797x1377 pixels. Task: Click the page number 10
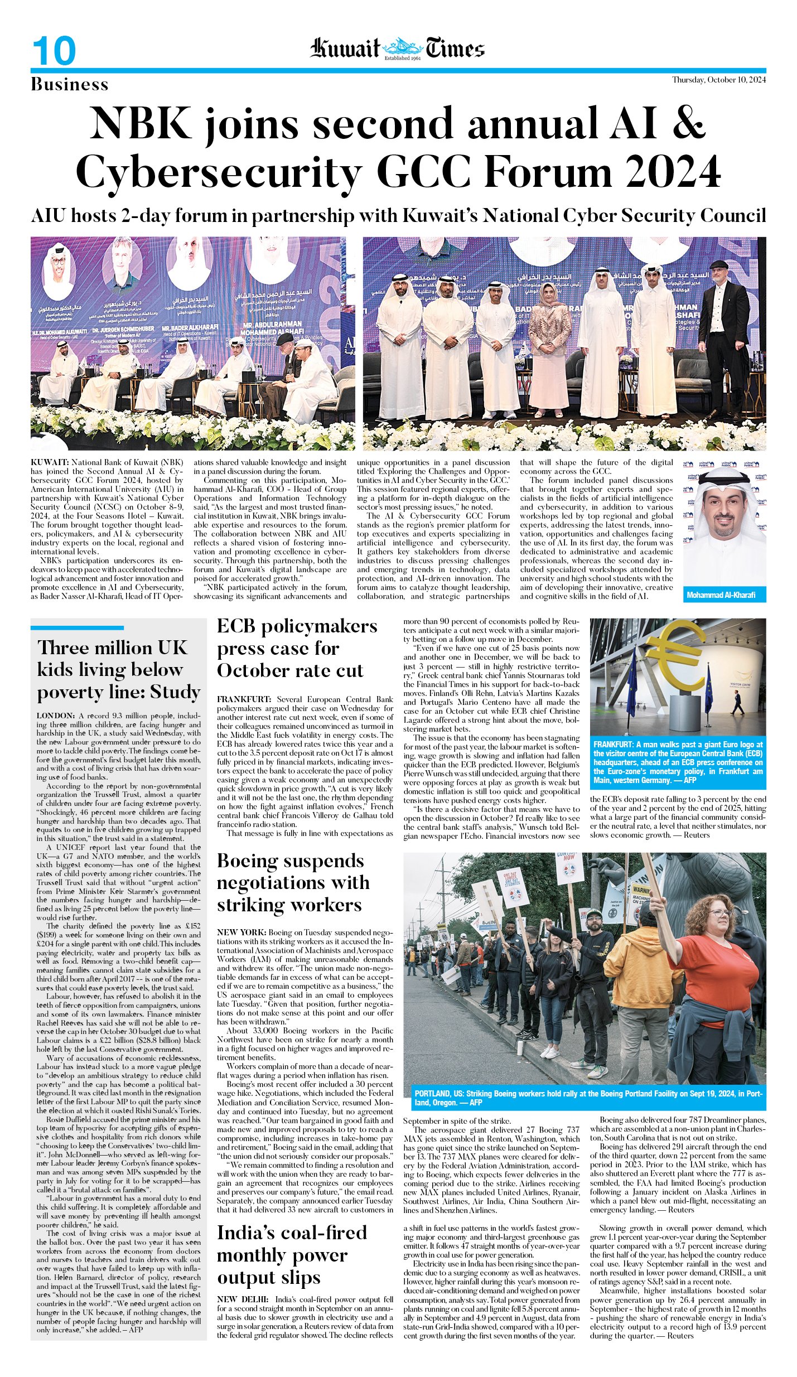tap(54, 51)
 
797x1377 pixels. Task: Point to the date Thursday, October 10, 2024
tap(718, 80)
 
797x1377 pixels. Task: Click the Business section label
tap(70, 85)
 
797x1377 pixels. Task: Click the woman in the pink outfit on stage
tap(549, 346)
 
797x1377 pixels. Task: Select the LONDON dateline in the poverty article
tap(55, 716)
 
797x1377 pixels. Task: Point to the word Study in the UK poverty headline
tap(175, 692)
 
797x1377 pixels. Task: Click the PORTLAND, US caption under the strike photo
tap(439, 1094)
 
